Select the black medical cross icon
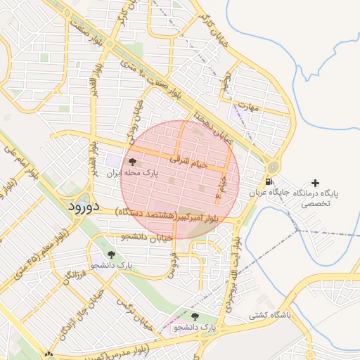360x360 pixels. [314, 183]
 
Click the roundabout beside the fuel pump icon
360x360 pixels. [271, 168]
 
